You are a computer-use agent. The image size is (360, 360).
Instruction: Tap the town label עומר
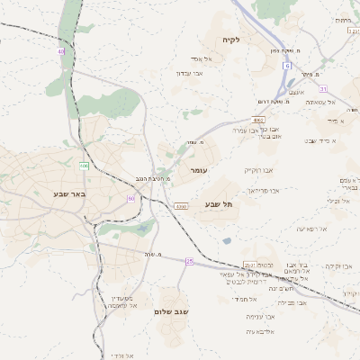[x=199, y=169]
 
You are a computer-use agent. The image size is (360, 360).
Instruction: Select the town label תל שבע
[x=219, y=204]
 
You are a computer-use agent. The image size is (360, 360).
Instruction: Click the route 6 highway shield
[x=287, y=66]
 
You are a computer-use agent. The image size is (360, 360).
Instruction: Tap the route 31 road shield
[x=323, y=88]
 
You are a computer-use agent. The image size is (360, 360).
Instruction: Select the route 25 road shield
[x=190, y=261]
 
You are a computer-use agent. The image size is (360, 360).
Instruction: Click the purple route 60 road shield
[x=131, y=198]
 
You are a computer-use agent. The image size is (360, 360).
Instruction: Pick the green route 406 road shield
[x=84, y=166]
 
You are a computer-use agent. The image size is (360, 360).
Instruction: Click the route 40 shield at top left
[x=61, y=51]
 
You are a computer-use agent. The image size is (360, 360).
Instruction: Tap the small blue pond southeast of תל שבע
[x=227, y=240]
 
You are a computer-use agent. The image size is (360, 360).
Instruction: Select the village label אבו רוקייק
[x=257, y=169]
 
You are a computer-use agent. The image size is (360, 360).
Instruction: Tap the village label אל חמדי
[x=245, y=299]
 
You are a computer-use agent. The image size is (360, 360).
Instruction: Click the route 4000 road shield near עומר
[x=181, y=207]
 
